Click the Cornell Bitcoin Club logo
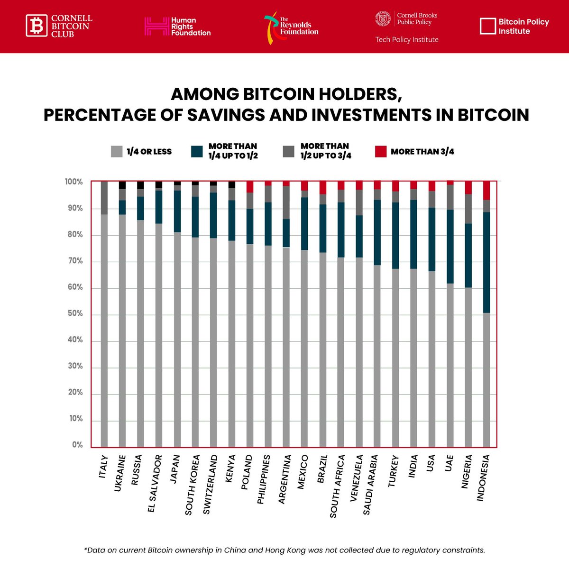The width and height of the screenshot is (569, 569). [59, 26]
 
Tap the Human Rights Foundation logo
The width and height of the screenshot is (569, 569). [177, 27]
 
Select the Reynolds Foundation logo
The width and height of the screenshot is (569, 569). [291, 28]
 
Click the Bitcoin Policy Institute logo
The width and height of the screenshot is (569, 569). [514, 27]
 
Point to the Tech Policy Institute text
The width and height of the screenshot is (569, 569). [407, 40]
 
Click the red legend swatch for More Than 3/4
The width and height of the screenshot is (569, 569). [381, 152]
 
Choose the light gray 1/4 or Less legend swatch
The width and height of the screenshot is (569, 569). [117, 152]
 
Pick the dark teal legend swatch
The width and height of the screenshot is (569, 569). [197, 152]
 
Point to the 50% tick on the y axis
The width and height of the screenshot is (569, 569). [75, 313]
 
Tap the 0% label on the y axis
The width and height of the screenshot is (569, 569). [77, 445]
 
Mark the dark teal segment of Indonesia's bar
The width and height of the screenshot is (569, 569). [486, 262]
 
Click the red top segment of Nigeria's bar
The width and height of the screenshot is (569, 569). [468, 187]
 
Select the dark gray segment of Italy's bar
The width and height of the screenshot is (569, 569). [104, 198]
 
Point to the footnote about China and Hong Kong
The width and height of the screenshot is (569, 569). [284, 550]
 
